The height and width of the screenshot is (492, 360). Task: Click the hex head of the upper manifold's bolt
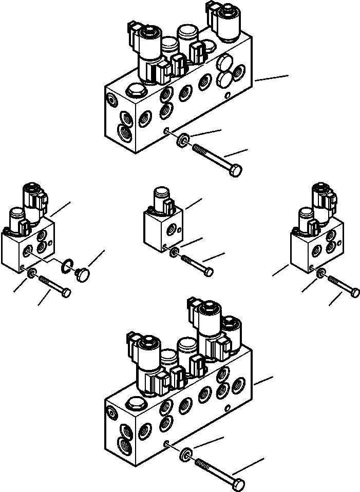236,171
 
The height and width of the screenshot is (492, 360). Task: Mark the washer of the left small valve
32,273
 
